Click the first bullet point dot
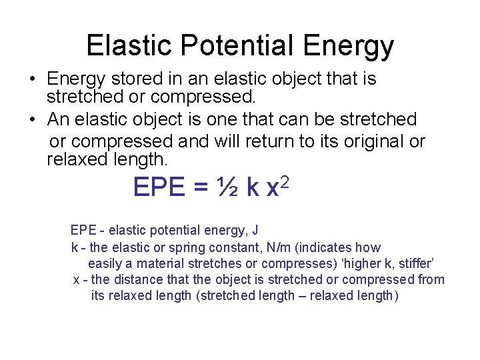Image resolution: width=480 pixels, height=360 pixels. [x=31, y=80]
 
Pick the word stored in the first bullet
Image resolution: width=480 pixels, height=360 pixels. [x=128, y=79]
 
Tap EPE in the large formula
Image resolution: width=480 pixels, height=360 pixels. [x=159, y=187]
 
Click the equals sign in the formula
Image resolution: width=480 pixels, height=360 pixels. [x=199, y=189]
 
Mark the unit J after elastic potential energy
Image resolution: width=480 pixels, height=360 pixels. [x=255, y=231]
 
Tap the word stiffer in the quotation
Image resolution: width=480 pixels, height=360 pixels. [x=415, y=263]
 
